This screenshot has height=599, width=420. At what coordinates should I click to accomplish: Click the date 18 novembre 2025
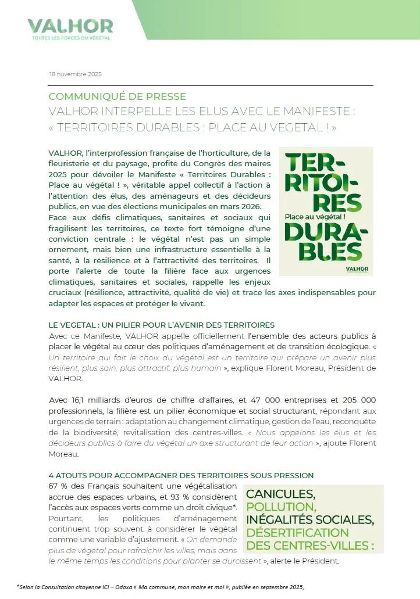tap(75, 74)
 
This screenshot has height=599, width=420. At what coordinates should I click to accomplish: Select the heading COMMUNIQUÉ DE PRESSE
tap(118, 96)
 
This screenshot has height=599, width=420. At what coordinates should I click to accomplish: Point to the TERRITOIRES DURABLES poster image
tap(326, 211)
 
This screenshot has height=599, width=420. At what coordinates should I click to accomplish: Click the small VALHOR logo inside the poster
tap(355, 268)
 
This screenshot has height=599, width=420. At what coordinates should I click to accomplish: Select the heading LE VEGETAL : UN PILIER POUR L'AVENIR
tap(162, 324)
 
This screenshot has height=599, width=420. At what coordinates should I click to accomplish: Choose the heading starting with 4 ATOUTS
tap(181, 475)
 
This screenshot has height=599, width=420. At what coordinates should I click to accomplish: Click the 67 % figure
tap(58, 485)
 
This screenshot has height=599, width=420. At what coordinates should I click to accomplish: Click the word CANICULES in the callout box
tap(280, 494)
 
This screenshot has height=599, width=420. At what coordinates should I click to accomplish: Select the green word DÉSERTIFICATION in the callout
tap(297, 533)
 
